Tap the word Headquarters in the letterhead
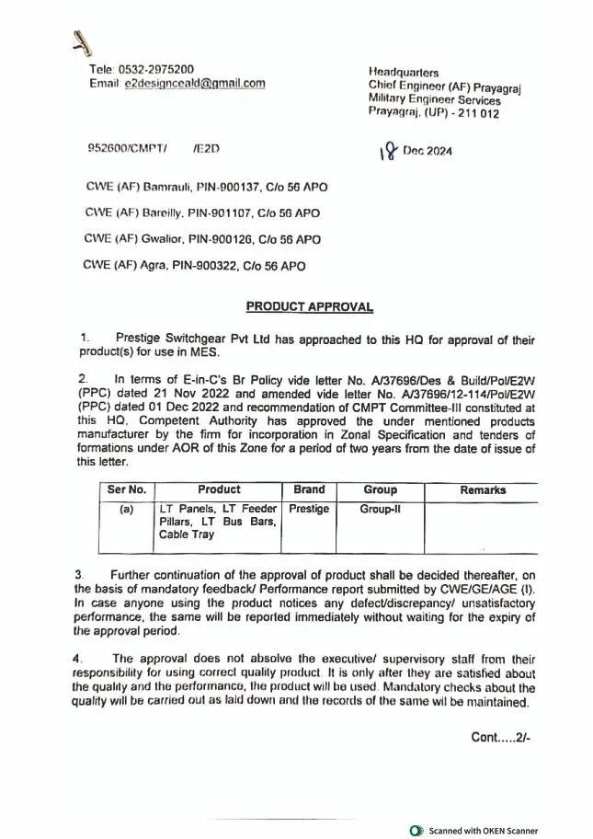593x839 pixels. click(x=403, y=72)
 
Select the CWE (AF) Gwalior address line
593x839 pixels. click(x=201, y=239)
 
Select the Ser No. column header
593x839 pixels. click(x=126, y=490)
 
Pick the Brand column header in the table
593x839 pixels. click(x=309, y=490)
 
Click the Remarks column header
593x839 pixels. click(x=483, y=490)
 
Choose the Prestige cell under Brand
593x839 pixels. click(x=309, y=509)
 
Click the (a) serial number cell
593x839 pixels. click(x=126, y=509)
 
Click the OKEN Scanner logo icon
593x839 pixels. click(x=416, y=831)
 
